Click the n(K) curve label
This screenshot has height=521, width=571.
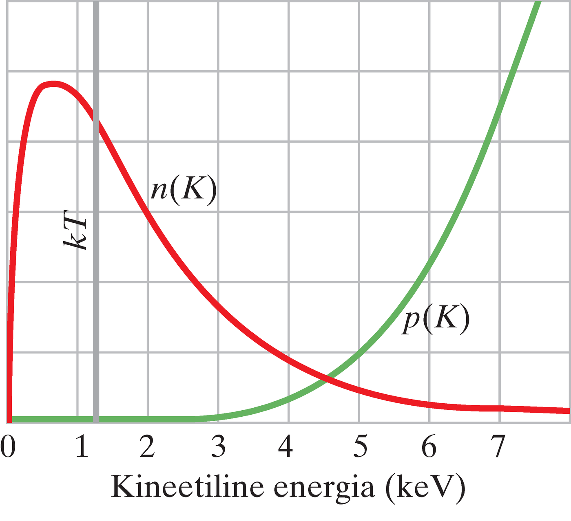click(x=183, y=190)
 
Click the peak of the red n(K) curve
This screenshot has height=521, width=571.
click(x=52, y=84)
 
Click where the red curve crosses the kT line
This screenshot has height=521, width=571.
click(x=96, y=116)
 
